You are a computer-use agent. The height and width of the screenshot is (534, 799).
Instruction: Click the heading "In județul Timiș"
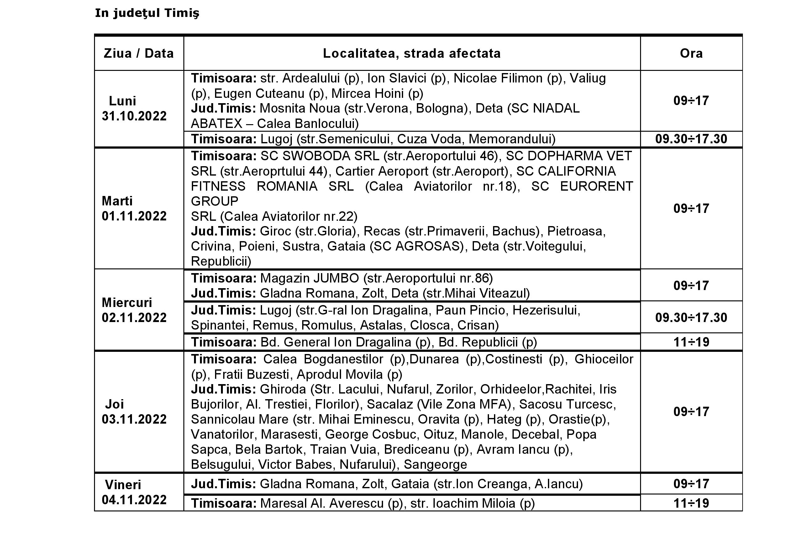(147, 13)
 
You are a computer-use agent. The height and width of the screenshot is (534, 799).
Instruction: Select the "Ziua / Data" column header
(139, 54)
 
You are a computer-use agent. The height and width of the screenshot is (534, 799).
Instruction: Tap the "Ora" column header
(691, 54)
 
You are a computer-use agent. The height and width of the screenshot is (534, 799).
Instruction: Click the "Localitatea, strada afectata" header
(412, 54)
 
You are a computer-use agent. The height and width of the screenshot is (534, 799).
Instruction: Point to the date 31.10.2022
(134, 116)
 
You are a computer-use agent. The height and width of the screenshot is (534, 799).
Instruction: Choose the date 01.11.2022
(134, 216)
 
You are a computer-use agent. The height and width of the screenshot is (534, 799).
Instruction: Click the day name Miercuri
(127, 302)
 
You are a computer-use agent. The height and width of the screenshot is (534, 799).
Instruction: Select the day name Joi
(114, 404)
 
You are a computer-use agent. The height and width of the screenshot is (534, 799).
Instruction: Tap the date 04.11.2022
(134, 500)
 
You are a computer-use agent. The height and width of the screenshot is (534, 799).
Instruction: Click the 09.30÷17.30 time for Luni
(691, 139)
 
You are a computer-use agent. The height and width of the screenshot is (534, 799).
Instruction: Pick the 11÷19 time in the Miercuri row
(691, 342)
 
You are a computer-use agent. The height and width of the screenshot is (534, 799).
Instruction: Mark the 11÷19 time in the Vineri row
(691, 503)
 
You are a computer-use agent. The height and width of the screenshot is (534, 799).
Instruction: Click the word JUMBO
(336, 278)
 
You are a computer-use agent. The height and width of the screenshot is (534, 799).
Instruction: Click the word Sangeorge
(435, 464)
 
